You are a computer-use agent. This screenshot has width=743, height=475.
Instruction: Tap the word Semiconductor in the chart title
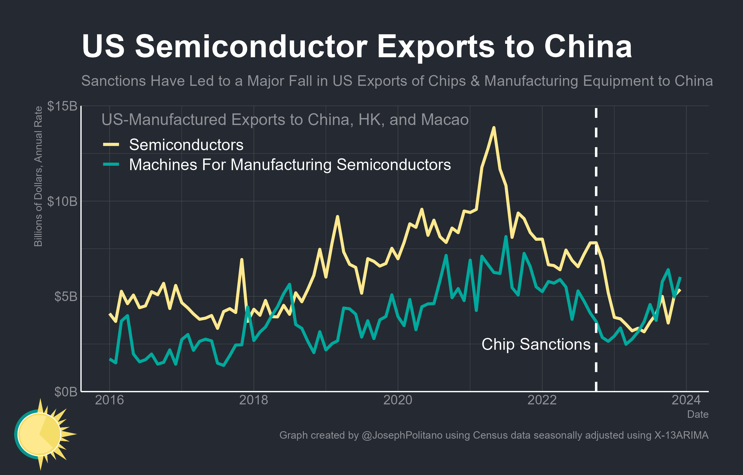tap(251, 46)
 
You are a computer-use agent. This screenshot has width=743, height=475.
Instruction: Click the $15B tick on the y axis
tap(62, 106)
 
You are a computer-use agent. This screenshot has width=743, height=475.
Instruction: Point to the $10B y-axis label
tap(62, 201)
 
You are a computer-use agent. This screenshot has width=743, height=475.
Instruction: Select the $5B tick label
tap(65, 296)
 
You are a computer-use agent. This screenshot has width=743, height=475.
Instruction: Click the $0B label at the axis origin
tap(65, 391)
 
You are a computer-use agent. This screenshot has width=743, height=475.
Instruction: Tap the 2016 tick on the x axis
tap(109, 400)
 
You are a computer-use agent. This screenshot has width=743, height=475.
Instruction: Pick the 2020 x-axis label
tap(398, 400)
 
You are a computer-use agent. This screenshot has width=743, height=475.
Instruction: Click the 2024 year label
tap(686, 400)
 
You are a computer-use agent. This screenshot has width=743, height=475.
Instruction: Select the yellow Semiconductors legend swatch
tap(111, 145)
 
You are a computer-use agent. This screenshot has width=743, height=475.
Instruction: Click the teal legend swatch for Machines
tap(111, 164)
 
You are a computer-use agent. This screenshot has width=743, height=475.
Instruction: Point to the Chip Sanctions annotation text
tap(536, 344)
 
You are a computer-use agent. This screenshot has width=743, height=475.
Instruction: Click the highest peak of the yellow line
tap(494, 128)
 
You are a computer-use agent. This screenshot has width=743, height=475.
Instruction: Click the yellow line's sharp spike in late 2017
tap(241, 260)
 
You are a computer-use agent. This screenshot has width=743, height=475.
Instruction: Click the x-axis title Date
tap(698, 414)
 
